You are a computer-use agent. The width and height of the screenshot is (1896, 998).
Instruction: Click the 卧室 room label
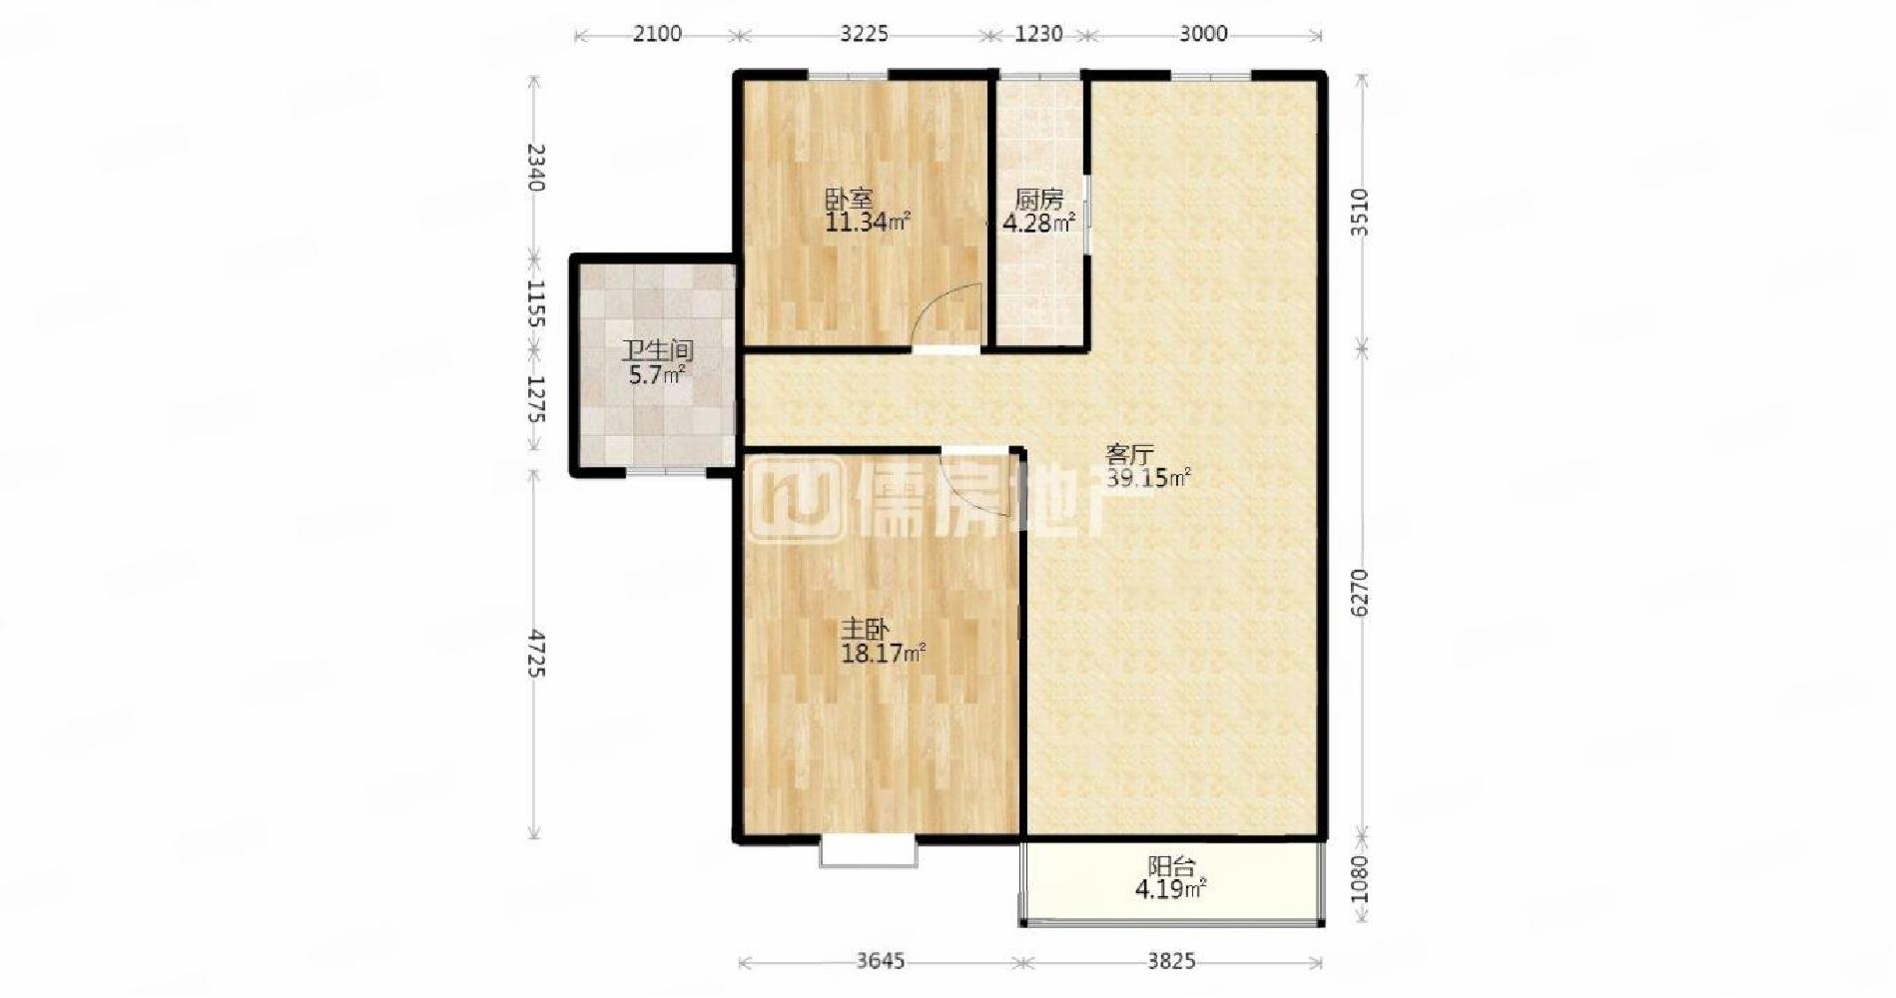pos(849,198)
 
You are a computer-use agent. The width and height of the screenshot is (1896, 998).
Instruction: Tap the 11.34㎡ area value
pos(867,222)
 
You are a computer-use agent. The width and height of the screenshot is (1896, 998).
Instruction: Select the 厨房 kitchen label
pos(1038,199)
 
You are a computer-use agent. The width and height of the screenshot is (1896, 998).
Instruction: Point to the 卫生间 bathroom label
pos(657,351)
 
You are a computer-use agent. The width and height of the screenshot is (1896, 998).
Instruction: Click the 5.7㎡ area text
pos(657,375)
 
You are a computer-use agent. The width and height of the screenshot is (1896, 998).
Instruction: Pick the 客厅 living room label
pos(1129,454)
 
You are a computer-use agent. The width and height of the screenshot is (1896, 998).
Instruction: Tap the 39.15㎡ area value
pos(1147,478)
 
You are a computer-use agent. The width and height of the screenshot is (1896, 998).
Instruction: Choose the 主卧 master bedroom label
pos(865,629)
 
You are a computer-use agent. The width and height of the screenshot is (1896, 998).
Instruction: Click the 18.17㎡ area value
pos(884,654)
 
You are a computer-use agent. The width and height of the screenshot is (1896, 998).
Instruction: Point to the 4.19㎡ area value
pos(1171,889)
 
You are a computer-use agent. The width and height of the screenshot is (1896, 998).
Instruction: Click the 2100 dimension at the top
pos(657,34)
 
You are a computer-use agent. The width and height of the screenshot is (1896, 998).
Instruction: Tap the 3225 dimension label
pos(864,34)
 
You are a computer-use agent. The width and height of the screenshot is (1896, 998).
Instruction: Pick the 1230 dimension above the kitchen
pos(1038,34)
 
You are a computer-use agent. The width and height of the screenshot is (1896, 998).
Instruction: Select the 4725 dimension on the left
pos(536,654)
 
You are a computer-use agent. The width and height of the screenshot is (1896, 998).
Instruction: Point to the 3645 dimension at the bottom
pos(880,961)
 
